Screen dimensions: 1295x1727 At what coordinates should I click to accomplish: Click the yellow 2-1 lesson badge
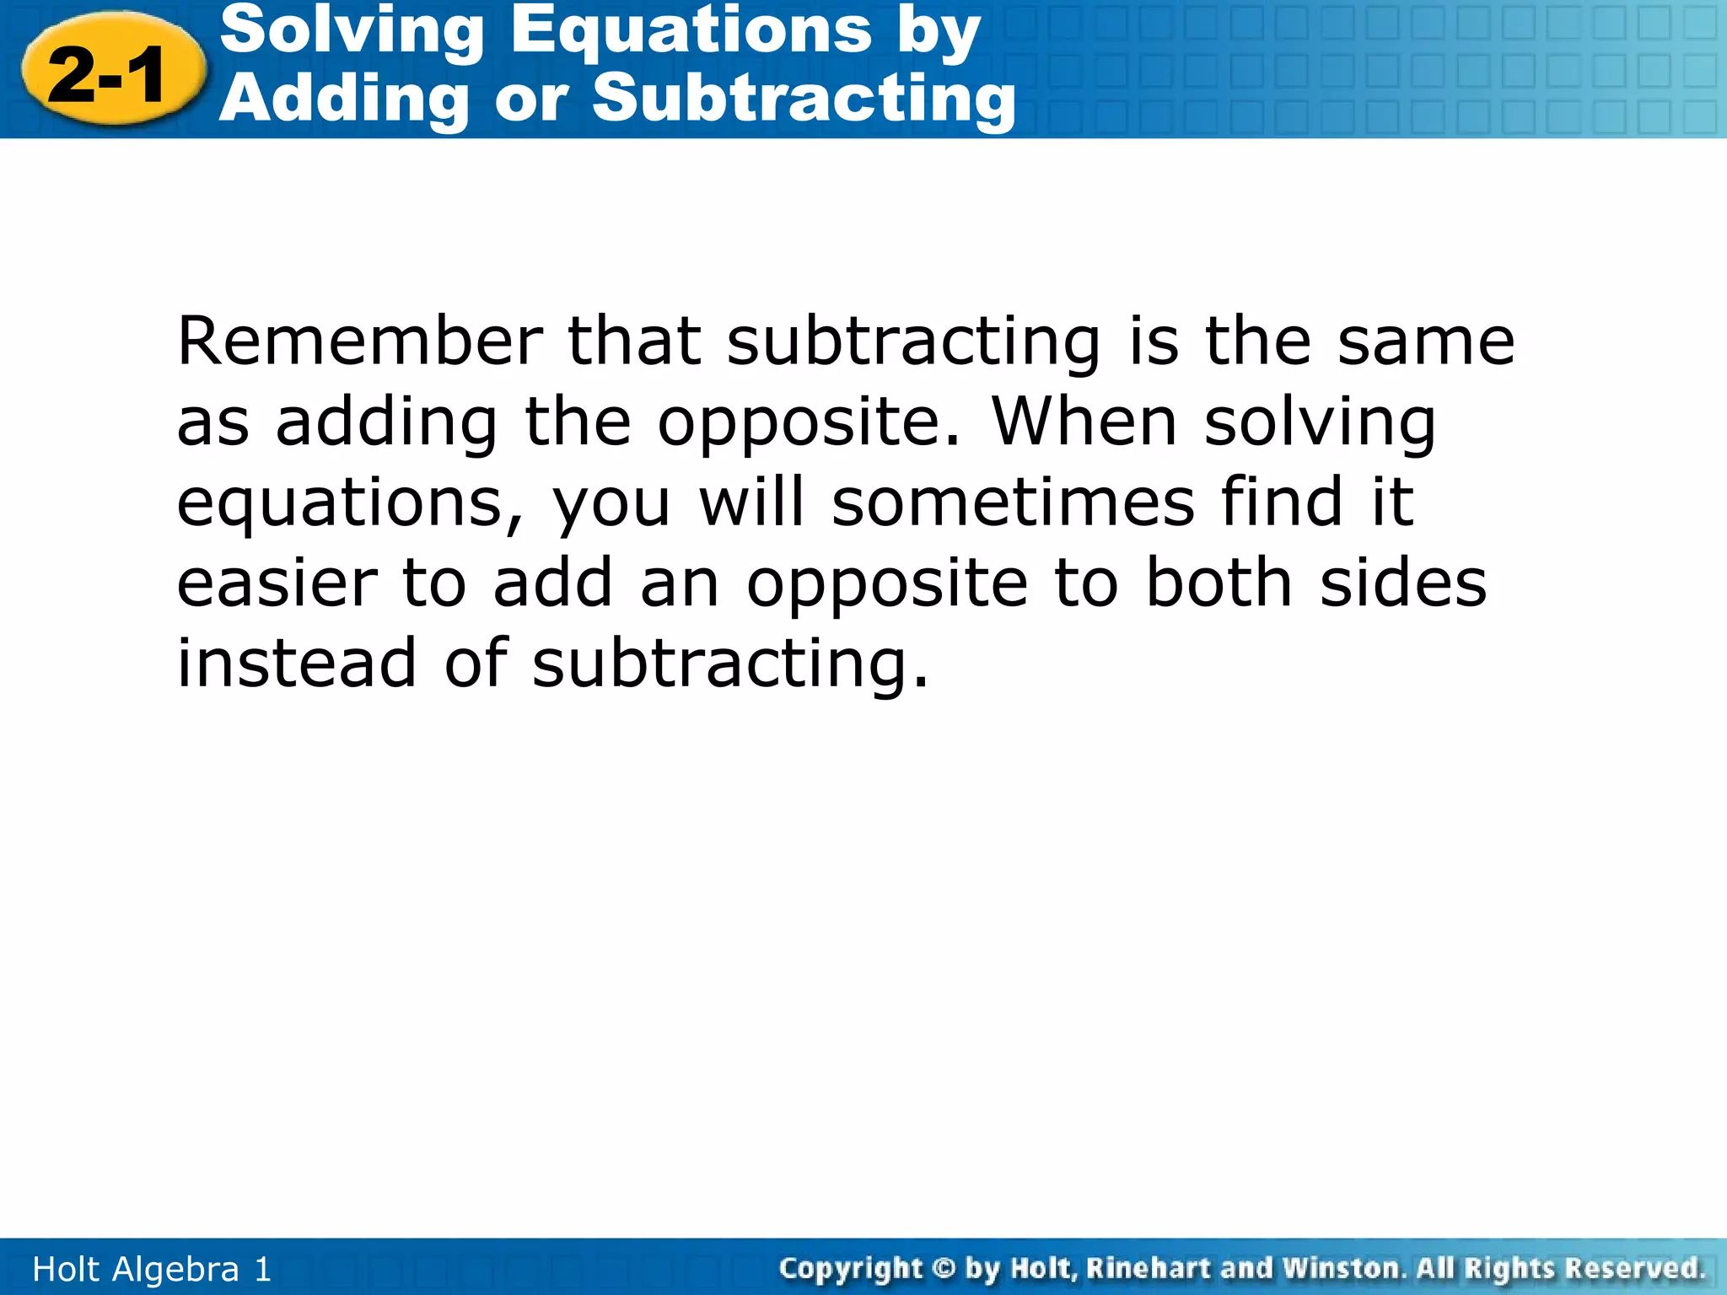pyautogui.click(x=112, y=74)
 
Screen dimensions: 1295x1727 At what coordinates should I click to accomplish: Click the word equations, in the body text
pyautogui.click(x=350, y=503)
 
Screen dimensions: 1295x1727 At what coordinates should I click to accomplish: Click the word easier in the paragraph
pyautogui.click(x=277, y=583)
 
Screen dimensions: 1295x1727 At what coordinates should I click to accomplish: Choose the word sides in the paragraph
pyautogui.click(x=1403, y=583)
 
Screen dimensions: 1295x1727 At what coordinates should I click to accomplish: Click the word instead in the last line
pyautogui.click(x=296, y=663)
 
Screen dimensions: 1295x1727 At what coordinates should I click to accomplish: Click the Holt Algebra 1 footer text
pyautogui.click(x=152, y=1269)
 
